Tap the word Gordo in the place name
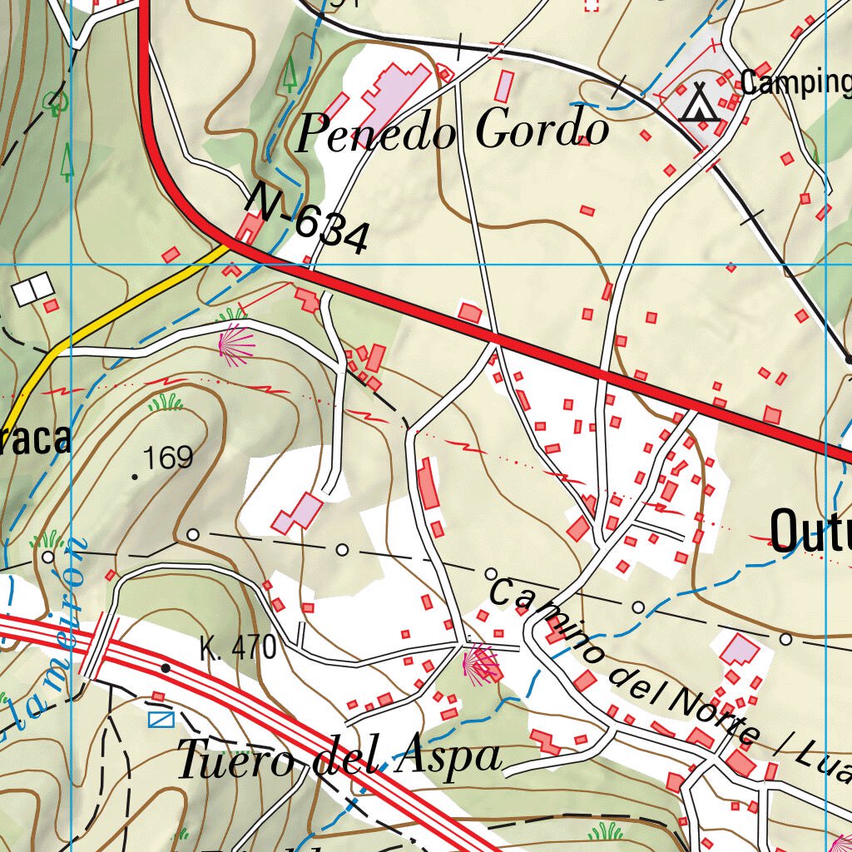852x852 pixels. pyautogui.click(x=541, y=130)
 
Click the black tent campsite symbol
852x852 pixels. pyautogui.click(x=698, y=102)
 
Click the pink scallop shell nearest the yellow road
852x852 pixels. pyautogui.click(x=235, y=344)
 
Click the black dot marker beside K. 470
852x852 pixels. pyautogui.click(x=166, y=667)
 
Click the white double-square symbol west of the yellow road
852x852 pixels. pyautogui.click(x=33, y=288)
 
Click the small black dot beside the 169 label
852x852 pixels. pyautogui.click(x=136, y=477)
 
